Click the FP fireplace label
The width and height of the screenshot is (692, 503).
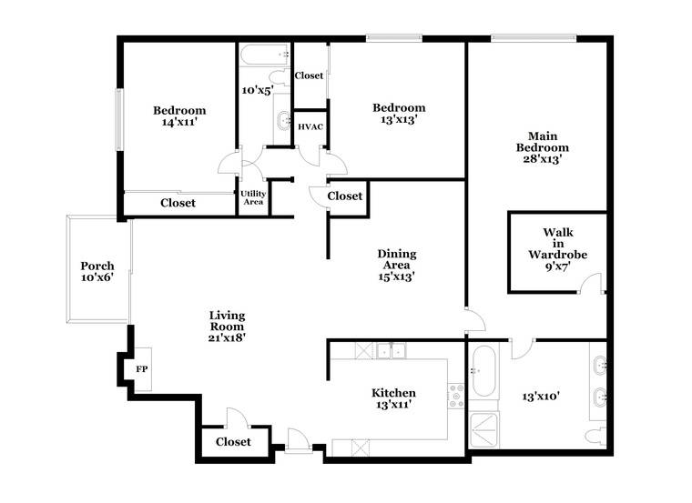(142, 369)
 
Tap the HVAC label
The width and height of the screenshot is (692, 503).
(310, 127)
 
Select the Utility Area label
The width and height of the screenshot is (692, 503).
(253, 197)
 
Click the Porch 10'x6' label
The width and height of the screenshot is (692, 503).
(97, 272)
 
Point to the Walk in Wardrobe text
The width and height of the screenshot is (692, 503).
(558, 244)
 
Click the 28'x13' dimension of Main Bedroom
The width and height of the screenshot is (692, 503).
(543, 159)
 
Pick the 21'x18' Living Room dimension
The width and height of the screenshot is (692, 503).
(227, 337)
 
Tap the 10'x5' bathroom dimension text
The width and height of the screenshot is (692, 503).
(258, 90)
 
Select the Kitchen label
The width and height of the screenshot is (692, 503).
(393, 393)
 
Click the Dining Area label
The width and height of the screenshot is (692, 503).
(397, 259)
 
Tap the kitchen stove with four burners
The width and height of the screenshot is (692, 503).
(456, 396)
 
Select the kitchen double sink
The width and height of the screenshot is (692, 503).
(392, 351)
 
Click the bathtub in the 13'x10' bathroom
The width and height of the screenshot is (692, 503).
(483, 371)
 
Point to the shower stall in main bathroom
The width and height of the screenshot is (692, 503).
(484, 430)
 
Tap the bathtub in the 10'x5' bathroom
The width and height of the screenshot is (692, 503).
(265, 55)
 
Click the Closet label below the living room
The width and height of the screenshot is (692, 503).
(233, 442)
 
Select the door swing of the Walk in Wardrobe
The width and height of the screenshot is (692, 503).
(590, 283)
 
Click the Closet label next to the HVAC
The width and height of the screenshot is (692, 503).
(309, 75)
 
